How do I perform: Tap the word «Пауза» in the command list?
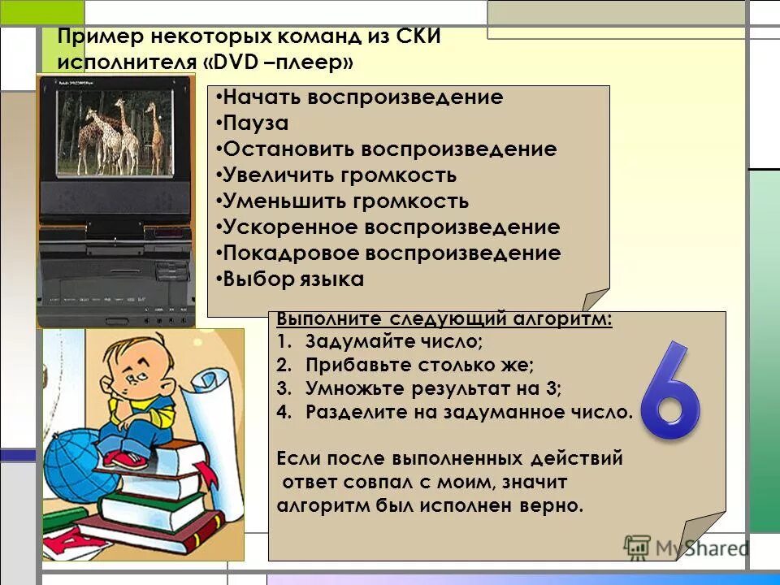coord(256,123)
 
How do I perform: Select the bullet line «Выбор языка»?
coord(293,279)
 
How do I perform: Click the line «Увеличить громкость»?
coord(340,175)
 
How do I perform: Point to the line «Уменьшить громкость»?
coord(345,201)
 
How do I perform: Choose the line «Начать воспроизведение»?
coord(363,97)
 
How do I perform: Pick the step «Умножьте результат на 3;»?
coord(433,388)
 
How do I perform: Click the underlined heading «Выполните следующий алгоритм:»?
coord(444,319)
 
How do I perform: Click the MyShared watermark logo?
coord(687,547)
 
